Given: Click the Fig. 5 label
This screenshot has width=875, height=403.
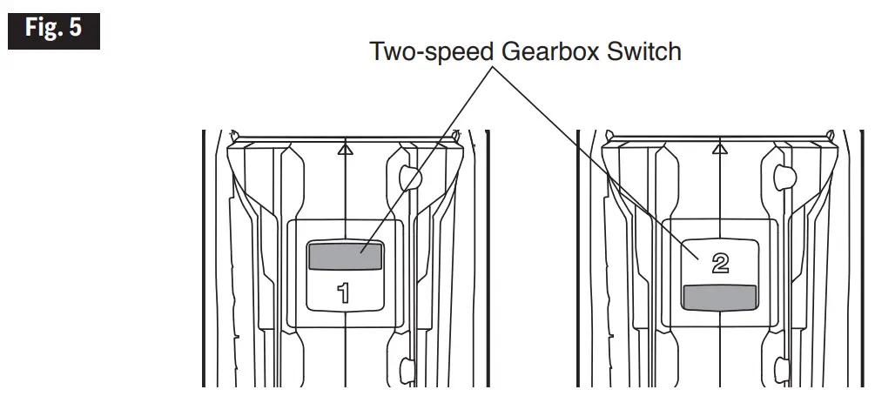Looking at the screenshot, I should [54, 28].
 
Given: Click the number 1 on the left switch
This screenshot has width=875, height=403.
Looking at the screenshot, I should [345, 292].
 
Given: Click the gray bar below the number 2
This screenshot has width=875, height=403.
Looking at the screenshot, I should [719, 298].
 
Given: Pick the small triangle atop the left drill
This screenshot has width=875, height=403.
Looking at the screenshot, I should [346, 149].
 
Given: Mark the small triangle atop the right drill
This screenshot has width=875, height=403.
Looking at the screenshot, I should [719, 149].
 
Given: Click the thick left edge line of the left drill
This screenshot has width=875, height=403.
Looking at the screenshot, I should [203, 261].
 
